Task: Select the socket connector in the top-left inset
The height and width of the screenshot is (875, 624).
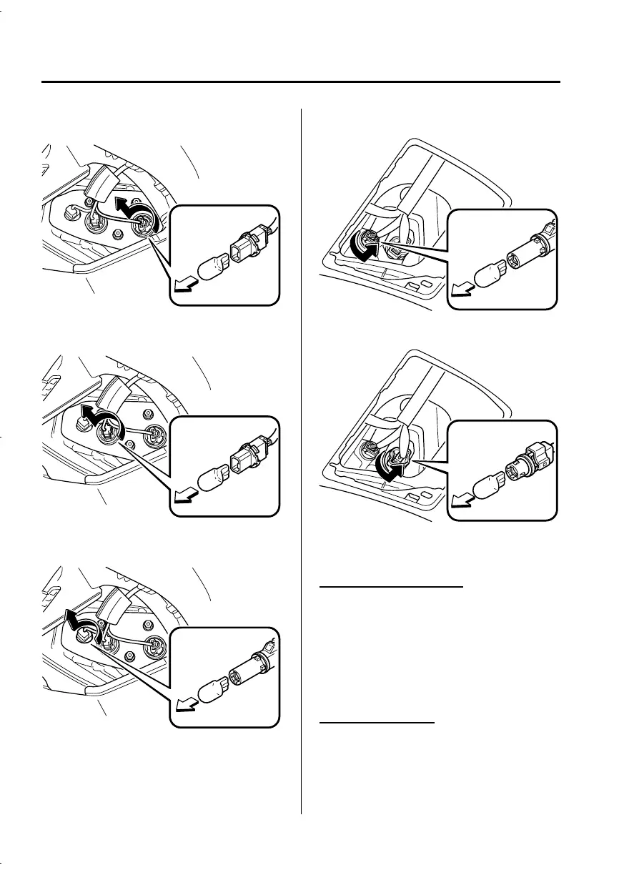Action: tap(245, 246)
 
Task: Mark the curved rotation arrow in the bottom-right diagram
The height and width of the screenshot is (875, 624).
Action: tap(390, 468)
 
